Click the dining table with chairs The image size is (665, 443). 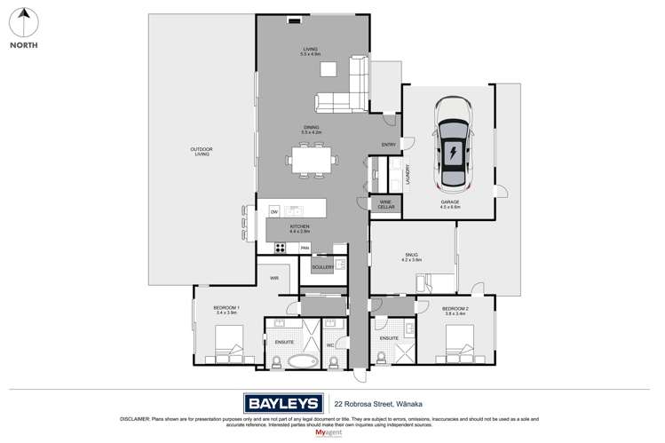(x=311, y=162)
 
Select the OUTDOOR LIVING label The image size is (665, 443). (x=202, y=151)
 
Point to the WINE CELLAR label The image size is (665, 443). (x=385, y=204)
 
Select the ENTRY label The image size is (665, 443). (x=388, y=145)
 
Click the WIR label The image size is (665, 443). (x=274, y=278)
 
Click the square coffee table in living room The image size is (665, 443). (x=329, y=69)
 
